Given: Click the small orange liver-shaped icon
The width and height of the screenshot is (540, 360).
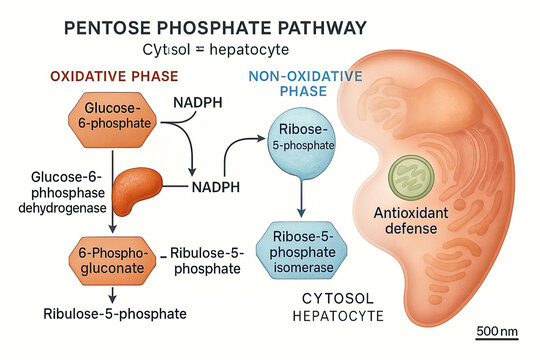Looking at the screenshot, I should [145, 192].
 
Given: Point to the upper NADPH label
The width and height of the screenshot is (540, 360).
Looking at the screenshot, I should [198, 103].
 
